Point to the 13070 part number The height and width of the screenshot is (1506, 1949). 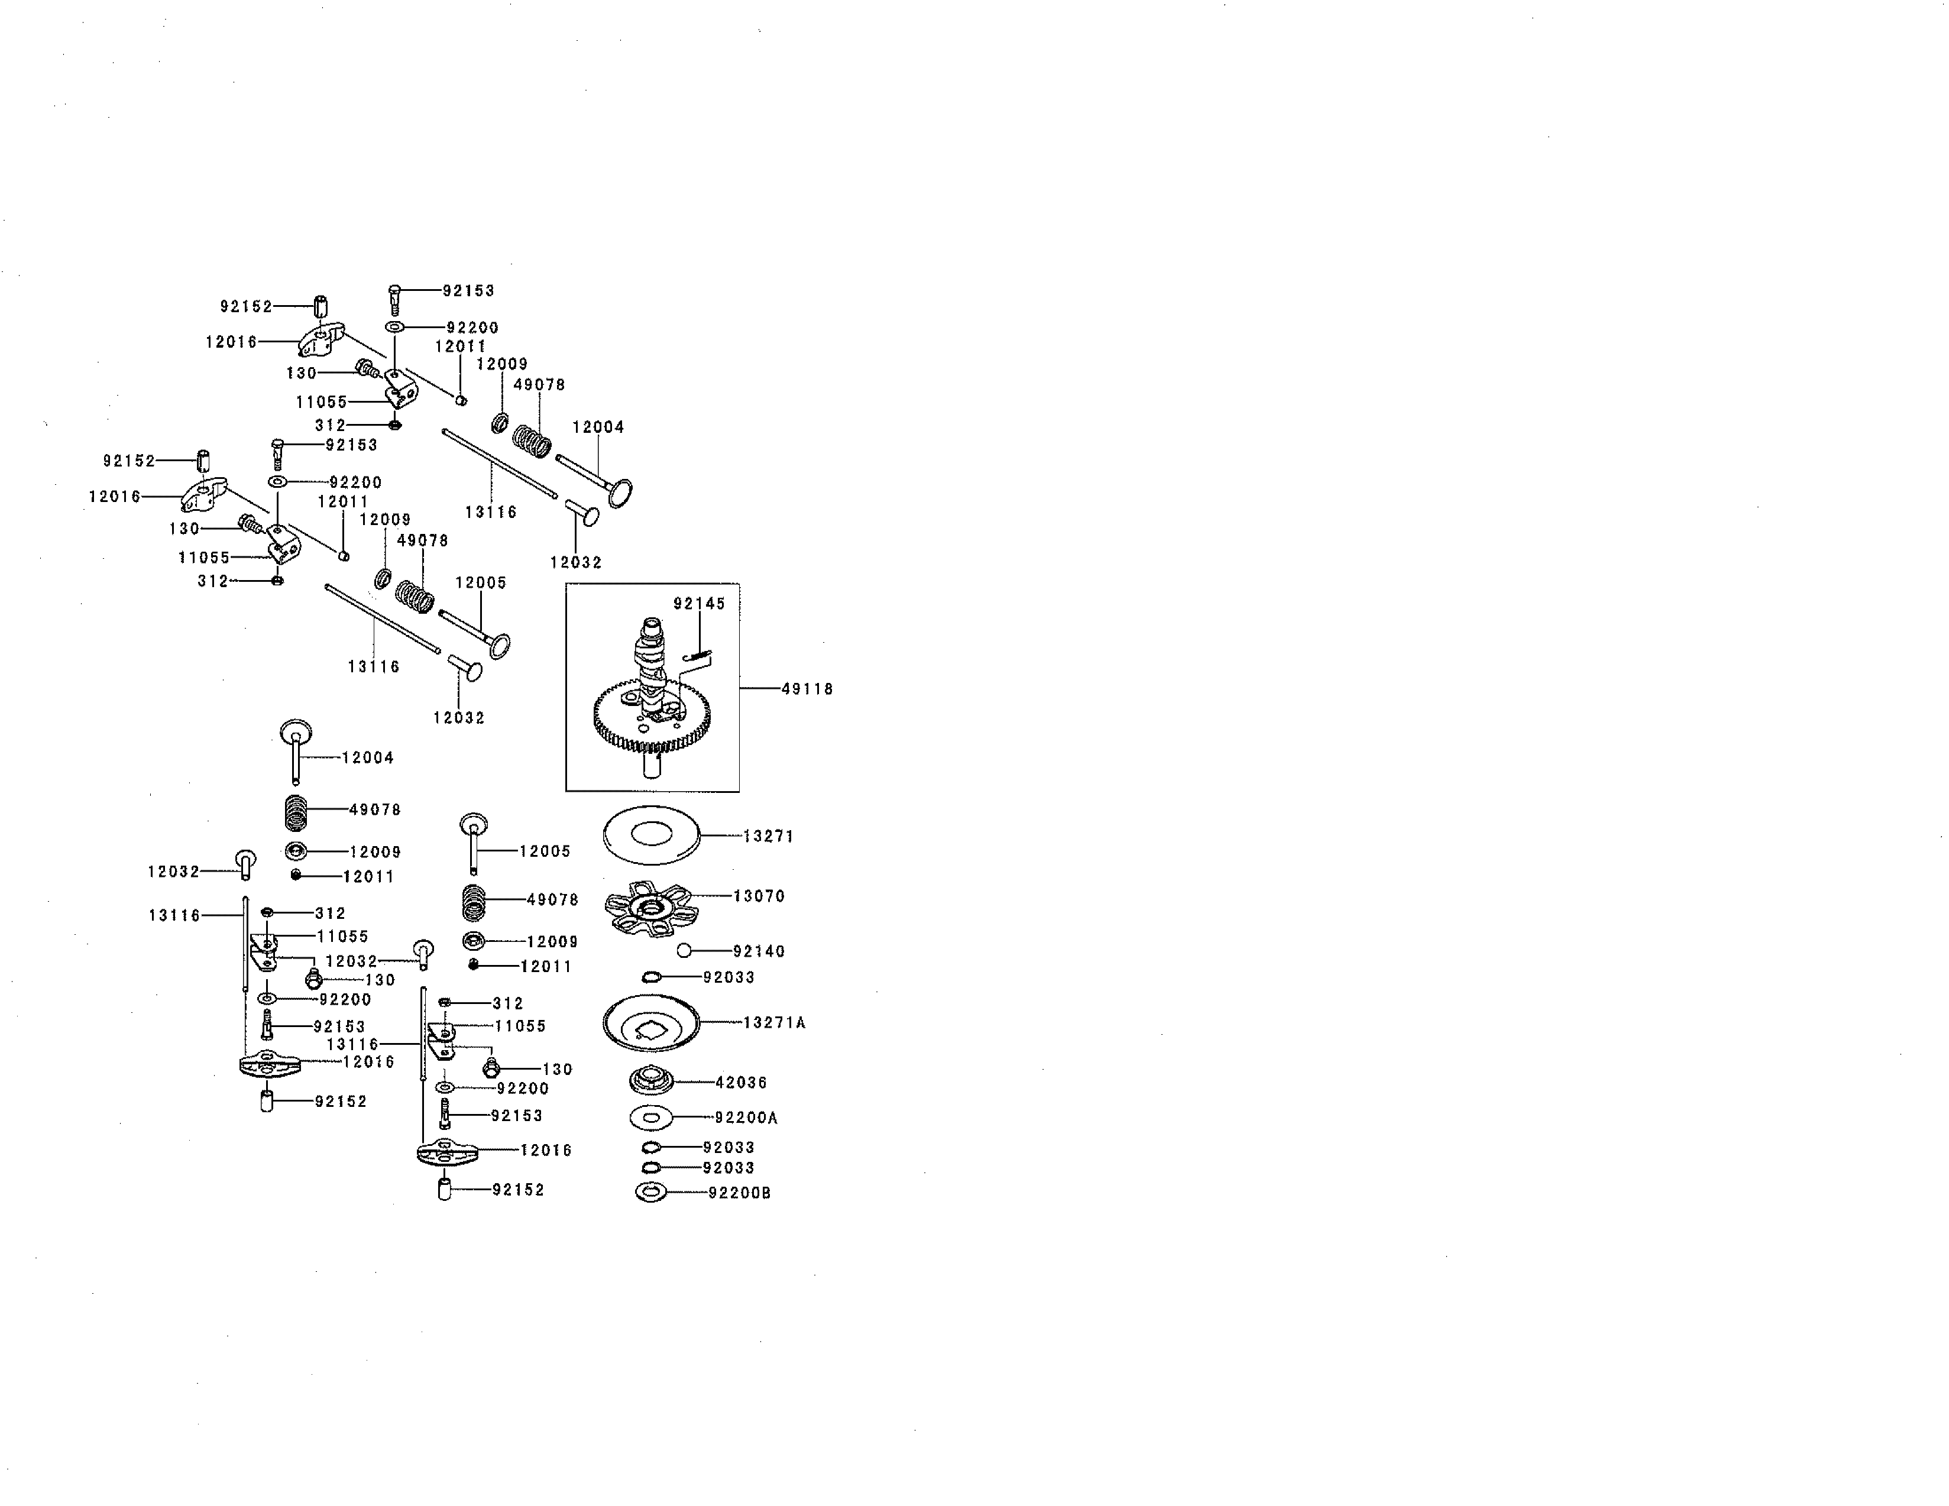click(759, 896)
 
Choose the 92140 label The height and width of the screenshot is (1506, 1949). click(759, 951)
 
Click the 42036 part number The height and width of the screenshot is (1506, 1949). click(741, 1082)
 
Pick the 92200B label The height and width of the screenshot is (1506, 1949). click(739, 1192)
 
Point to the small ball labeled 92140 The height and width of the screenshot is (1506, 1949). click(685, 951)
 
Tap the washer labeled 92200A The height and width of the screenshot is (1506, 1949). click(650, 1117)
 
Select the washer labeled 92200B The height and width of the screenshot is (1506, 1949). click(652, 1192)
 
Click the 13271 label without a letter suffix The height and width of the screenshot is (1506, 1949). click(768, 836)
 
